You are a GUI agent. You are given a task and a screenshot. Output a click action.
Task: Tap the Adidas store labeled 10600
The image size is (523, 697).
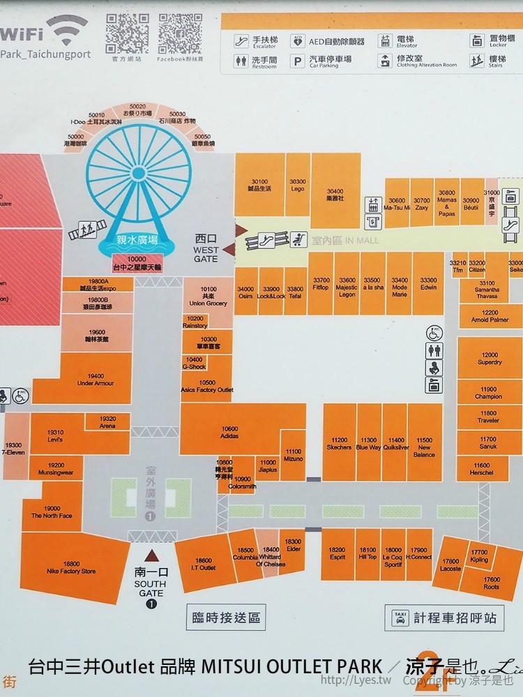point(229,432)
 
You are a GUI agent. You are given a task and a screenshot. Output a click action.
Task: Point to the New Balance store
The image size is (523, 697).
point(425,447)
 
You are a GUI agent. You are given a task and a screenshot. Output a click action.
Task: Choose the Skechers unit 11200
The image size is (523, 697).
point(339,444)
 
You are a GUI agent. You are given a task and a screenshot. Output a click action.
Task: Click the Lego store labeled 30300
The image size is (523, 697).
point(298,185)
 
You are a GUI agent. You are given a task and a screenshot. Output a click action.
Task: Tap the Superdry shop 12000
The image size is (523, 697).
point(490,358)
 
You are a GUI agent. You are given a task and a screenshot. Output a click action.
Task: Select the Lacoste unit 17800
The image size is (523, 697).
point(450,565)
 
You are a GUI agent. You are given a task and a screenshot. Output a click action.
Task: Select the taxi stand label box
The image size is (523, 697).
point(444,618)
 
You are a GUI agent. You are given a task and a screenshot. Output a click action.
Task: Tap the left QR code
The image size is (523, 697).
point(126,33)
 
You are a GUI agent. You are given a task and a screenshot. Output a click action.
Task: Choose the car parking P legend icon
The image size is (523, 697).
point(298,61)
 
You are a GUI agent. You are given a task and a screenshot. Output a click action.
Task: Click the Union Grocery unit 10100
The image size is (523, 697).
point(208,296)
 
